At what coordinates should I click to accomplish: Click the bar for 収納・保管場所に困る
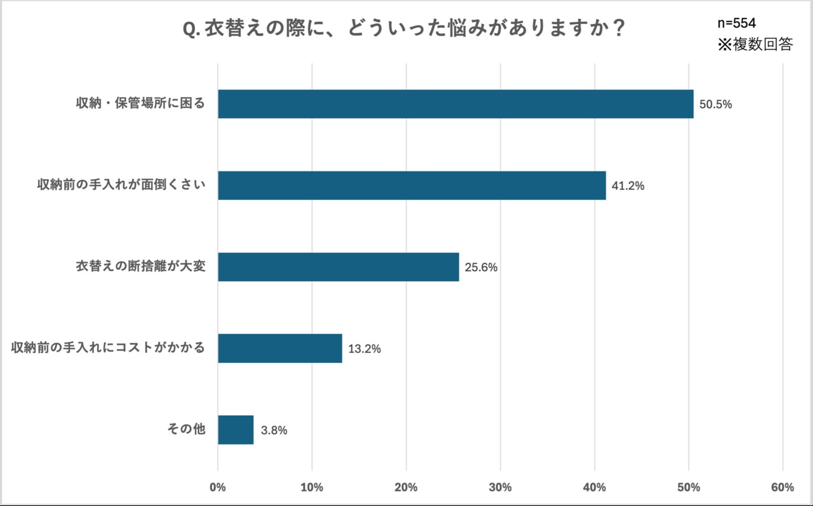pyautogui.click(x=455, y=104)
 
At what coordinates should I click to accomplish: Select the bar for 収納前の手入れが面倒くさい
pyautogui.click(x=412, y=185)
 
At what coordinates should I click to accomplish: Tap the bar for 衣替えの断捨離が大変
pyautogui.click(x=338, y=267)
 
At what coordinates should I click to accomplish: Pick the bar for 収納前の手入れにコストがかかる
pyautogui.click(x=279, y=348)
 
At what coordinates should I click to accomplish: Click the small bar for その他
pyautogui.click(x=236, y=430)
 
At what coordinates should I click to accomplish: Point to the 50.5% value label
pyautogui.click(x=716, y=105)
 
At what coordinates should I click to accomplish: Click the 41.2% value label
pyautogui.click(x=628, y=186)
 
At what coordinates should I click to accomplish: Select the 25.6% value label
pyautogui.click(x=481, y=267)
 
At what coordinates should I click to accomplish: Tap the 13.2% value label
pyautogui.click(x=364, y=349)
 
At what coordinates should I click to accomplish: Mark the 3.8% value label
pyautogui.click(x=274, y=430)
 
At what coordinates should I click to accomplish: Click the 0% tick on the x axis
pyautogui.click(x=218, y=488)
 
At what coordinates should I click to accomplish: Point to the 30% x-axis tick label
pyautogui.click(x=501, y=488)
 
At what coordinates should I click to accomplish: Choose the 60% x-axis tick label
pyautogui.click(x=783, y=488)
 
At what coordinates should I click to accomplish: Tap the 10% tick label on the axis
pyautogui.click(x=312, y=488)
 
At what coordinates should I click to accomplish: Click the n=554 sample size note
pyautogui.click(x=736, y=23)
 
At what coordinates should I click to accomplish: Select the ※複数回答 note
pyautogui.click(x=755, y=44)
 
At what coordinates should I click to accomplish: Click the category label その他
pyautogui.click(x=186, y=430)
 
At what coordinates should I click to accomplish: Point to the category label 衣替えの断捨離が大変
pyautogui.click(x=140, y=267)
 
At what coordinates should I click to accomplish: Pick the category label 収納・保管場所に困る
pyautogui.click(x=140, y=104)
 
